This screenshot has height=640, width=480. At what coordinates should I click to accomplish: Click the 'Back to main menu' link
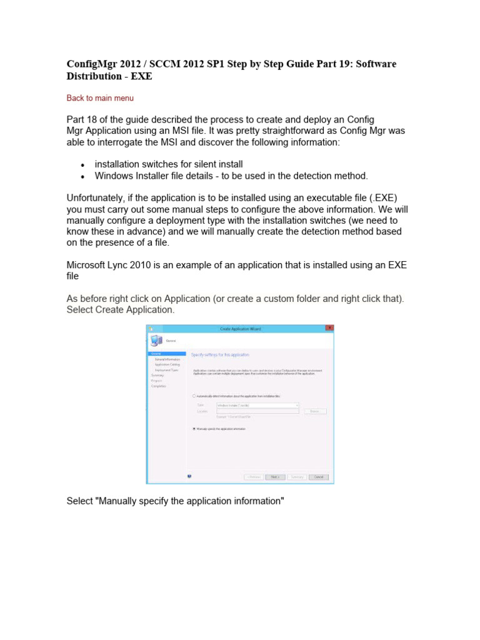[x=100, y=98]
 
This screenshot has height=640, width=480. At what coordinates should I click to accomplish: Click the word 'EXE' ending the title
[x=141, y=76]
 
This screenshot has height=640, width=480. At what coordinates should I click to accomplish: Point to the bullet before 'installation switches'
[x=82, y=164]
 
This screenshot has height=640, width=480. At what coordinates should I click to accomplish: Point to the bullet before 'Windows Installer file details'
[x=82, y=176]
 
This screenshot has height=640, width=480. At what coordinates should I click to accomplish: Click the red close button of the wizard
[x=329, y=328]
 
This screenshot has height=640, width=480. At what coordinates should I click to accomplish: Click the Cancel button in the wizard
[x=318, y=477]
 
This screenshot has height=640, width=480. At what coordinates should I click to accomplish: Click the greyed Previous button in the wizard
[x=253, y=477]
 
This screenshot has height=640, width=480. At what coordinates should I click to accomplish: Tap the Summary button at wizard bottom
[x=297, y=477]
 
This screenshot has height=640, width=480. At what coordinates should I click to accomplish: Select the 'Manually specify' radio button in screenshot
[x=194, y=429]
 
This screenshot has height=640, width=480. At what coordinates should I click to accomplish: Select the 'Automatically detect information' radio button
[x=194, y=396]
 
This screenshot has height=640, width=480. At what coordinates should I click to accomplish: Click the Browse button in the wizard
[x=315, y=411]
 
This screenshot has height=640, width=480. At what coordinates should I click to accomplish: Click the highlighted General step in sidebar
[x=166, y=354]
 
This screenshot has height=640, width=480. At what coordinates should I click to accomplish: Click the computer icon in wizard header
[x=156, y=341]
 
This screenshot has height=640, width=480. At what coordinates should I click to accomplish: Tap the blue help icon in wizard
[x=189, y=476]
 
